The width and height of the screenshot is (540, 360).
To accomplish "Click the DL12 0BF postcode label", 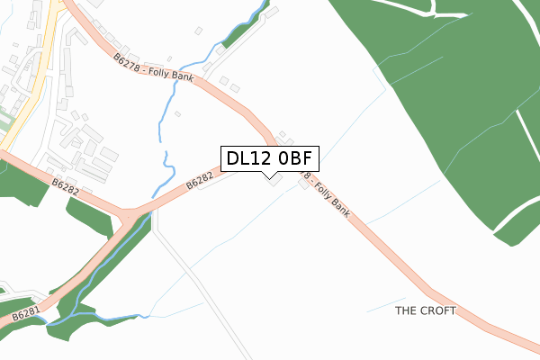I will pyautogui.click(x=268, y=159).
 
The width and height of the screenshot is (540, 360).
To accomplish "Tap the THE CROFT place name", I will pyautogui.click(x=426, y=310).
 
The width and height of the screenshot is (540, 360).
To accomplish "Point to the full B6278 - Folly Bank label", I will pyautogui.click(x=155, y=69).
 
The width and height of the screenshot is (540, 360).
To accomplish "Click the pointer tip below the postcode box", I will pyautogui.click(x=268, y=177).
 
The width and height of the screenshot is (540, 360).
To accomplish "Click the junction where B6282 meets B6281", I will pyautogui.click(x=133, y=217).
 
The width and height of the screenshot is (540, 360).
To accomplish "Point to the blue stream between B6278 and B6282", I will pyautogui.click(x=164, y=135).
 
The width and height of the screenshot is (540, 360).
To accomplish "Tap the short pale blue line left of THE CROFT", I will pyautogui.click(x=385, y=304).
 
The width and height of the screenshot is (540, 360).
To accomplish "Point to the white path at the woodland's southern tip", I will pyautogui.click(x=513, y=220).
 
